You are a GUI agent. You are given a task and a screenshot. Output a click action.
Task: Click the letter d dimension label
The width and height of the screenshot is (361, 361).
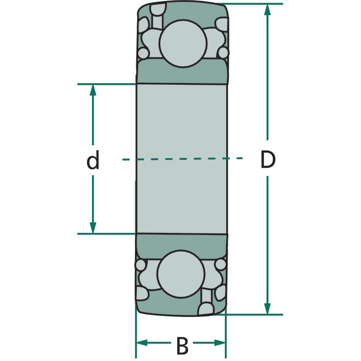pos(93,160)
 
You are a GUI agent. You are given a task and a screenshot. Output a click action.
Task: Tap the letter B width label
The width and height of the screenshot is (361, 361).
pos(182,346)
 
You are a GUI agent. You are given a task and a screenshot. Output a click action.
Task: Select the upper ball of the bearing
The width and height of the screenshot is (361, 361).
pos(183,44)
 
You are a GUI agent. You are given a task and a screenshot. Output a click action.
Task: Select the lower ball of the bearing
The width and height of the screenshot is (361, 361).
pos(181,274)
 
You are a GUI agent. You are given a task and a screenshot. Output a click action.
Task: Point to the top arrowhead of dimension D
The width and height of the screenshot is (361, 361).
pos(267,9)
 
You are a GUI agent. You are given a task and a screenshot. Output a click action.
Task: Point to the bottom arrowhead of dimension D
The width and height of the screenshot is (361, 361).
pos(267,309)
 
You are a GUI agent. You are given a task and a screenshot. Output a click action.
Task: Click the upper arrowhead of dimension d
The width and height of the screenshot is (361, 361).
pos(93,90)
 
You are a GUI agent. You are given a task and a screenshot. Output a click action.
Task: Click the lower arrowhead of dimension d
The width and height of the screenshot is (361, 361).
pos(93,228)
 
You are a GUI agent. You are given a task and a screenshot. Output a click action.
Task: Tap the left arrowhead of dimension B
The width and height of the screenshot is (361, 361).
pos(142,342)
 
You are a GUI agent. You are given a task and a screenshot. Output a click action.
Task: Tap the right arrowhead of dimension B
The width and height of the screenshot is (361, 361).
pos(220,342)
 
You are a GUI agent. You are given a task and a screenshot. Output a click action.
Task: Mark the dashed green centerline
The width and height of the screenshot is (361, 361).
pos(182,159)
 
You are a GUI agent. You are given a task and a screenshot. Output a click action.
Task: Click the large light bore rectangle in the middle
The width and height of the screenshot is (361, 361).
pos(182,159)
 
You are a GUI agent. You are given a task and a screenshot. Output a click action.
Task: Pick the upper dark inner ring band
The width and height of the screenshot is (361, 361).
pos(182,71)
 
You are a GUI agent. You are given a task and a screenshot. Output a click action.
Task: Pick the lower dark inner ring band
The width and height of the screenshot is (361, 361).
pos(181,246)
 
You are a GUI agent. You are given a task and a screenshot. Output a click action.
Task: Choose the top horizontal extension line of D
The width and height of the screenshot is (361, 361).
pos(250,4)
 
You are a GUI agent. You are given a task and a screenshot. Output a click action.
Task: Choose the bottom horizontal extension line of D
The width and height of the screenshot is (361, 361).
pos(249,315)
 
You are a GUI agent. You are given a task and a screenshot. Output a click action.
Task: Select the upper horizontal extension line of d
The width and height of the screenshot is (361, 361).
pos(106,84)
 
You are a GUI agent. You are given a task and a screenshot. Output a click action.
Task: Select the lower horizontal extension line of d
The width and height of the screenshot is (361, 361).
pos(106,234)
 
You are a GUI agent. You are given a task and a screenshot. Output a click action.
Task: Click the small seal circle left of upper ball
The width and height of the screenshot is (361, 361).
pos(143,53)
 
